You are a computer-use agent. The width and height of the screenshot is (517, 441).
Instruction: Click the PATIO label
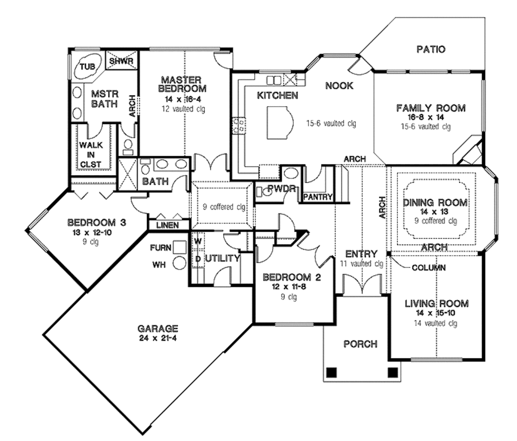point(431,50)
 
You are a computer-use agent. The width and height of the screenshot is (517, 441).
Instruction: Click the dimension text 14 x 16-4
point(182,100)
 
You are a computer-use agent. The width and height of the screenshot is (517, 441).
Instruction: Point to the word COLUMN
point(428,268)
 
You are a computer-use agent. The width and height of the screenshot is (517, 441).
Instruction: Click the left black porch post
point(331,372)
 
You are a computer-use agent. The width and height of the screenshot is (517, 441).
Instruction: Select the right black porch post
point(392,372)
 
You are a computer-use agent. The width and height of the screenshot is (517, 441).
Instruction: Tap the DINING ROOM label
point(435,203)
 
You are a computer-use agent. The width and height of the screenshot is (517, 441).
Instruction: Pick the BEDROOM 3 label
point(96,223)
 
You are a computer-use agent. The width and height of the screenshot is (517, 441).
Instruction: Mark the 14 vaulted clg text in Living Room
point(436,324)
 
